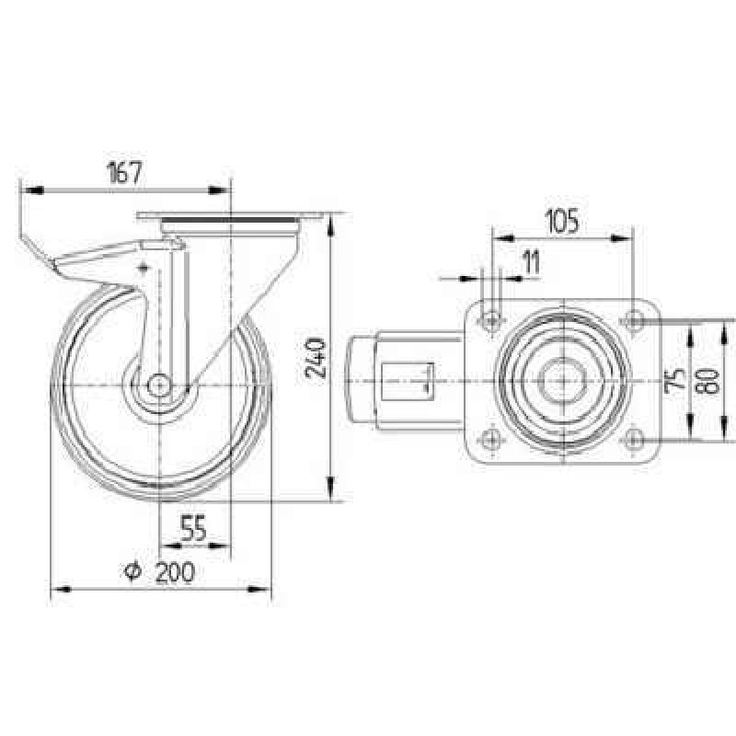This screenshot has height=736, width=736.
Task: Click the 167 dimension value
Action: coord(124,173)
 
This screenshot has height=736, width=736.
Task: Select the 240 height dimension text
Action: coord(316,359)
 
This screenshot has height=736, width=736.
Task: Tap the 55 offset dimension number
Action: coord(194,528)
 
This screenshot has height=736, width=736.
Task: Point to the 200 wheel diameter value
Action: coord(175,571)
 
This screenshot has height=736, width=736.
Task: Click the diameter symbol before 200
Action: coord(132,571)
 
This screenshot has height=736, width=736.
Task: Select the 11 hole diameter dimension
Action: coord(532,262)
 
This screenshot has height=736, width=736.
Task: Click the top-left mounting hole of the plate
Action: coord(491,321)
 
